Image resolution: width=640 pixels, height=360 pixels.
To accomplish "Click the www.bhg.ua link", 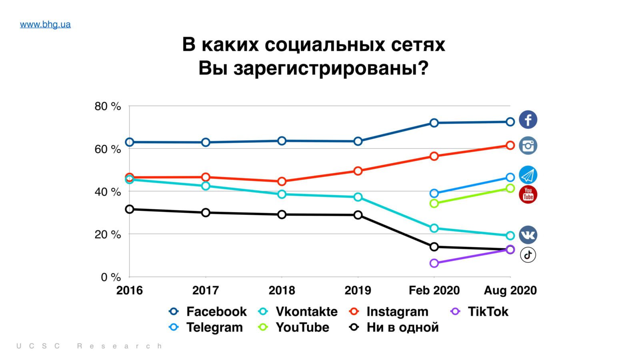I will [45, 24].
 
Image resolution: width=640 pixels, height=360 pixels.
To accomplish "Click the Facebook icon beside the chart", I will [528, 120].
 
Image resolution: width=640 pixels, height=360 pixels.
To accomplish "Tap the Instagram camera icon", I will [528, 146].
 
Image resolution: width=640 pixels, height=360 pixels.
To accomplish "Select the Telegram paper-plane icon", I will [528, 175].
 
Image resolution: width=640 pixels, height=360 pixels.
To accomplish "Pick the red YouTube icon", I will [528, 194].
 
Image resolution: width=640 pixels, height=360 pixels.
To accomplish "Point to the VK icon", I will [528, 235].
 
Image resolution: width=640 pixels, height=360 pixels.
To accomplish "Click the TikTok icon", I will [528, 255].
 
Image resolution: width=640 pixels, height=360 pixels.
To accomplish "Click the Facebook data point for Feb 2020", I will [434, 123].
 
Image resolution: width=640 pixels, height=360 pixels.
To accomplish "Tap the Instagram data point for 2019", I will [358, 171].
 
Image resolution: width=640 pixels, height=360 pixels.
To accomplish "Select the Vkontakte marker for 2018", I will [282, 194].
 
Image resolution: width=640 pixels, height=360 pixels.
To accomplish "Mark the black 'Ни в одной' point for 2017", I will [206, 212].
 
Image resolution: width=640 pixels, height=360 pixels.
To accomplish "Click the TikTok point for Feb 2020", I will [434, 263].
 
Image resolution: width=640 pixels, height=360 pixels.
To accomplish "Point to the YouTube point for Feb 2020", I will [434, 204].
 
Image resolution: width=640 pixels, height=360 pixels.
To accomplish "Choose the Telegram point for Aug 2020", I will [510, 177].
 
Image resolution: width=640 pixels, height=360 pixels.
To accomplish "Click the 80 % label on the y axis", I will [108, 106].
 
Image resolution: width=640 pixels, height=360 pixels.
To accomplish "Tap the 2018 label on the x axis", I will [282, 290].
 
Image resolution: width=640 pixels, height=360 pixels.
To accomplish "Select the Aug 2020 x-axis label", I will [510, 290].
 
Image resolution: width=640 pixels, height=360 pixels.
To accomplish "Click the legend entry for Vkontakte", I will [306, 312].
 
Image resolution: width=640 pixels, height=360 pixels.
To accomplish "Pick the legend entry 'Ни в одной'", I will [402, 327].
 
